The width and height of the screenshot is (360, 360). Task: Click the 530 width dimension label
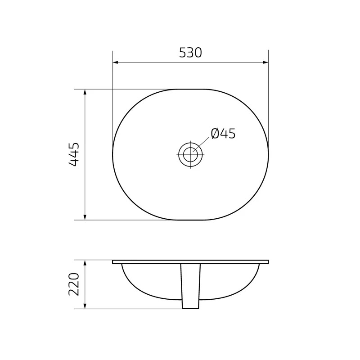click(x=190, y=53)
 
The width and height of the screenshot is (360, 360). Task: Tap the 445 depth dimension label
click(x=74, y=154)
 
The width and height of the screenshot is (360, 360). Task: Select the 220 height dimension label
click(x=74, y=284)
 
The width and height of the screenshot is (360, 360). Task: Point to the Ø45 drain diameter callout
click(x=223, y=133)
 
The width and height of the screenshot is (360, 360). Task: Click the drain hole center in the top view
click(x=190, y=154)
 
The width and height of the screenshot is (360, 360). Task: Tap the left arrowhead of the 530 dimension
click(x=116, y=62)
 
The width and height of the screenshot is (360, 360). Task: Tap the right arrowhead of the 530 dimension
click(x=265, y=62)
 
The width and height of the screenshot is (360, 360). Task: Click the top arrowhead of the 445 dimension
click(x=85, y=92)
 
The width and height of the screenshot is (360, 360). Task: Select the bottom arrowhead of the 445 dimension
click(x=85, y=217)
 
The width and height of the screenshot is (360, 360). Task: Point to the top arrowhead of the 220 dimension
click(x=85, y=263)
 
